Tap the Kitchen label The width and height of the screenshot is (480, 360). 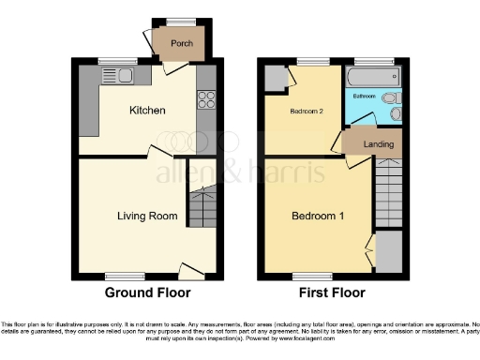pos(147,111)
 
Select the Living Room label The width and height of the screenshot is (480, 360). pos(147,216)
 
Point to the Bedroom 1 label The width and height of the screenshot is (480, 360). pos(317,217)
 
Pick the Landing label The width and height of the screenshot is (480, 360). pos(379,144)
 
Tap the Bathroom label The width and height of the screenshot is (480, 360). pos(364,97)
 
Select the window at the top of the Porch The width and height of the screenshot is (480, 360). pos(181,22)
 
